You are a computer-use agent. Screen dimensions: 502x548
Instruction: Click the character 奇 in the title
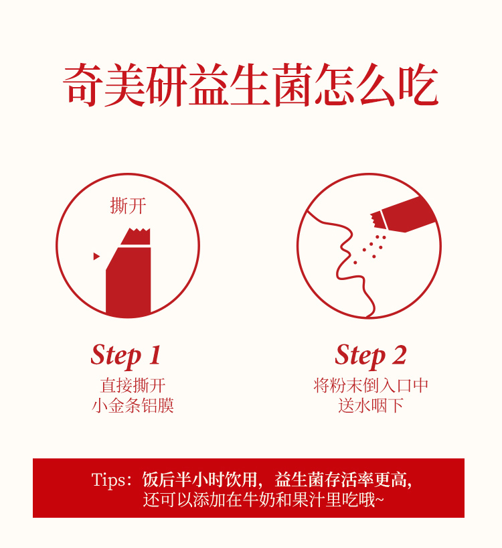(83, 84)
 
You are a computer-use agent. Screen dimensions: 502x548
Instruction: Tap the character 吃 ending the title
(418, 84)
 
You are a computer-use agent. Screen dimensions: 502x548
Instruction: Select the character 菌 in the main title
(292, 84)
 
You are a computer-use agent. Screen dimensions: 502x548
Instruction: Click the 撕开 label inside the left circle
(128, 206)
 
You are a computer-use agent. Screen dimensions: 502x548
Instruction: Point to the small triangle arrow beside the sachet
(96, 256)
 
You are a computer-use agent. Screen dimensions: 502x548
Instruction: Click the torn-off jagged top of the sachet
(136, 236)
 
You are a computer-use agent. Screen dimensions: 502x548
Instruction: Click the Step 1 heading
(126, 356)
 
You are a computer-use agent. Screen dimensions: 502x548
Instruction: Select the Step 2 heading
(370, 356)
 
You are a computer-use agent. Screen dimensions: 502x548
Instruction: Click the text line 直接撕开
(133, 385)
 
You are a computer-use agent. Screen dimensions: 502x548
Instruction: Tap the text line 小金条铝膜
(133, 405)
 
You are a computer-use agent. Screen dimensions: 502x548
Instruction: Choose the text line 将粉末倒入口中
(371, 385)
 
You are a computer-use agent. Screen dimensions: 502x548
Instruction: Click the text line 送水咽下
(371, 405)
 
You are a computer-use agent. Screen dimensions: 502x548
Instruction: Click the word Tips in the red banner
(108, 480)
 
